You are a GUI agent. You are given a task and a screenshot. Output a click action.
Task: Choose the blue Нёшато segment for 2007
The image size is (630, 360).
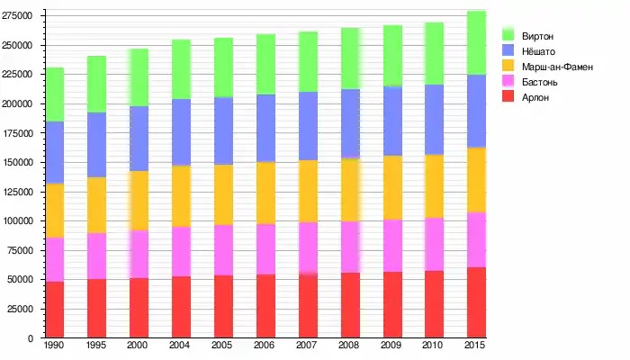308,126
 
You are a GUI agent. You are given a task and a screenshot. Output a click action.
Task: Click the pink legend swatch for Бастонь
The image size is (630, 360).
508,82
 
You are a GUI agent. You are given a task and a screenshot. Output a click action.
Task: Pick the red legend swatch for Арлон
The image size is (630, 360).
508,97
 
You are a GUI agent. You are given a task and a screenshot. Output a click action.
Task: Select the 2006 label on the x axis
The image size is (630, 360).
265,346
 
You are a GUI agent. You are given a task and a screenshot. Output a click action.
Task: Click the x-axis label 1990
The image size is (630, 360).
55,346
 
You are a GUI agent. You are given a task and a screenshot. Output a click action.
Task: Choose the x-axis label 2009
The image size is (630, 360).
392,346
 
